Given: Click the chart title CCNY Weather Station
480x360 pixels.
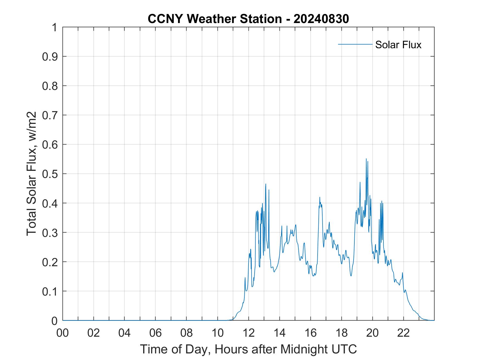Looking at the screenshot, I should (214, 19).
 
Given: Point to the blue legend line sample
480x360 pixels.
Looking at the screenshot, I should (355, 44).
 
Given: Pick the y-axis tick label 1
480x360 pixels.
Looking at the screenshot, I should (55, 27).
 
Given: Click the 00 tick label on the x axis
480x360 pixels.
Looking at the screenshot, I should (63, 333).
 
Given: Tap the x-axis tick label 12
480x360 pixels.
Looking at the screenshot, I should (249, 333).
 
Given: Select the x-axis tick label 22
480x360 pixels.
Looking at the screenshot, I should (403, 333).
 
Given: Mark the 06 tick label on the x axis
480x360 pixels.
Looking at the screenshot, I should (156, 333).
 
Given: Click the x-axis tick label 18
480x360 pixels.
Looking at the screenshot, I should (341, 333).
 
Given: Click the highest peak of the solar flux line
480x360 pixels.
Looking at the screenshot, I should (366, 159).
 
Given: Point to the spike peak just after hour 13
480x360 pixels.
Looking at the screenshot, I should (266, 184).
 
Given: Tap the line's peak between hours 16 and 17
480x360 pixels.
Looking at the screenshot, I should (320, 197).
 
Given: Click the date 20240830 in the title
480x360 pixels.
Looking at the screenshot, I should (321, 19).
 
